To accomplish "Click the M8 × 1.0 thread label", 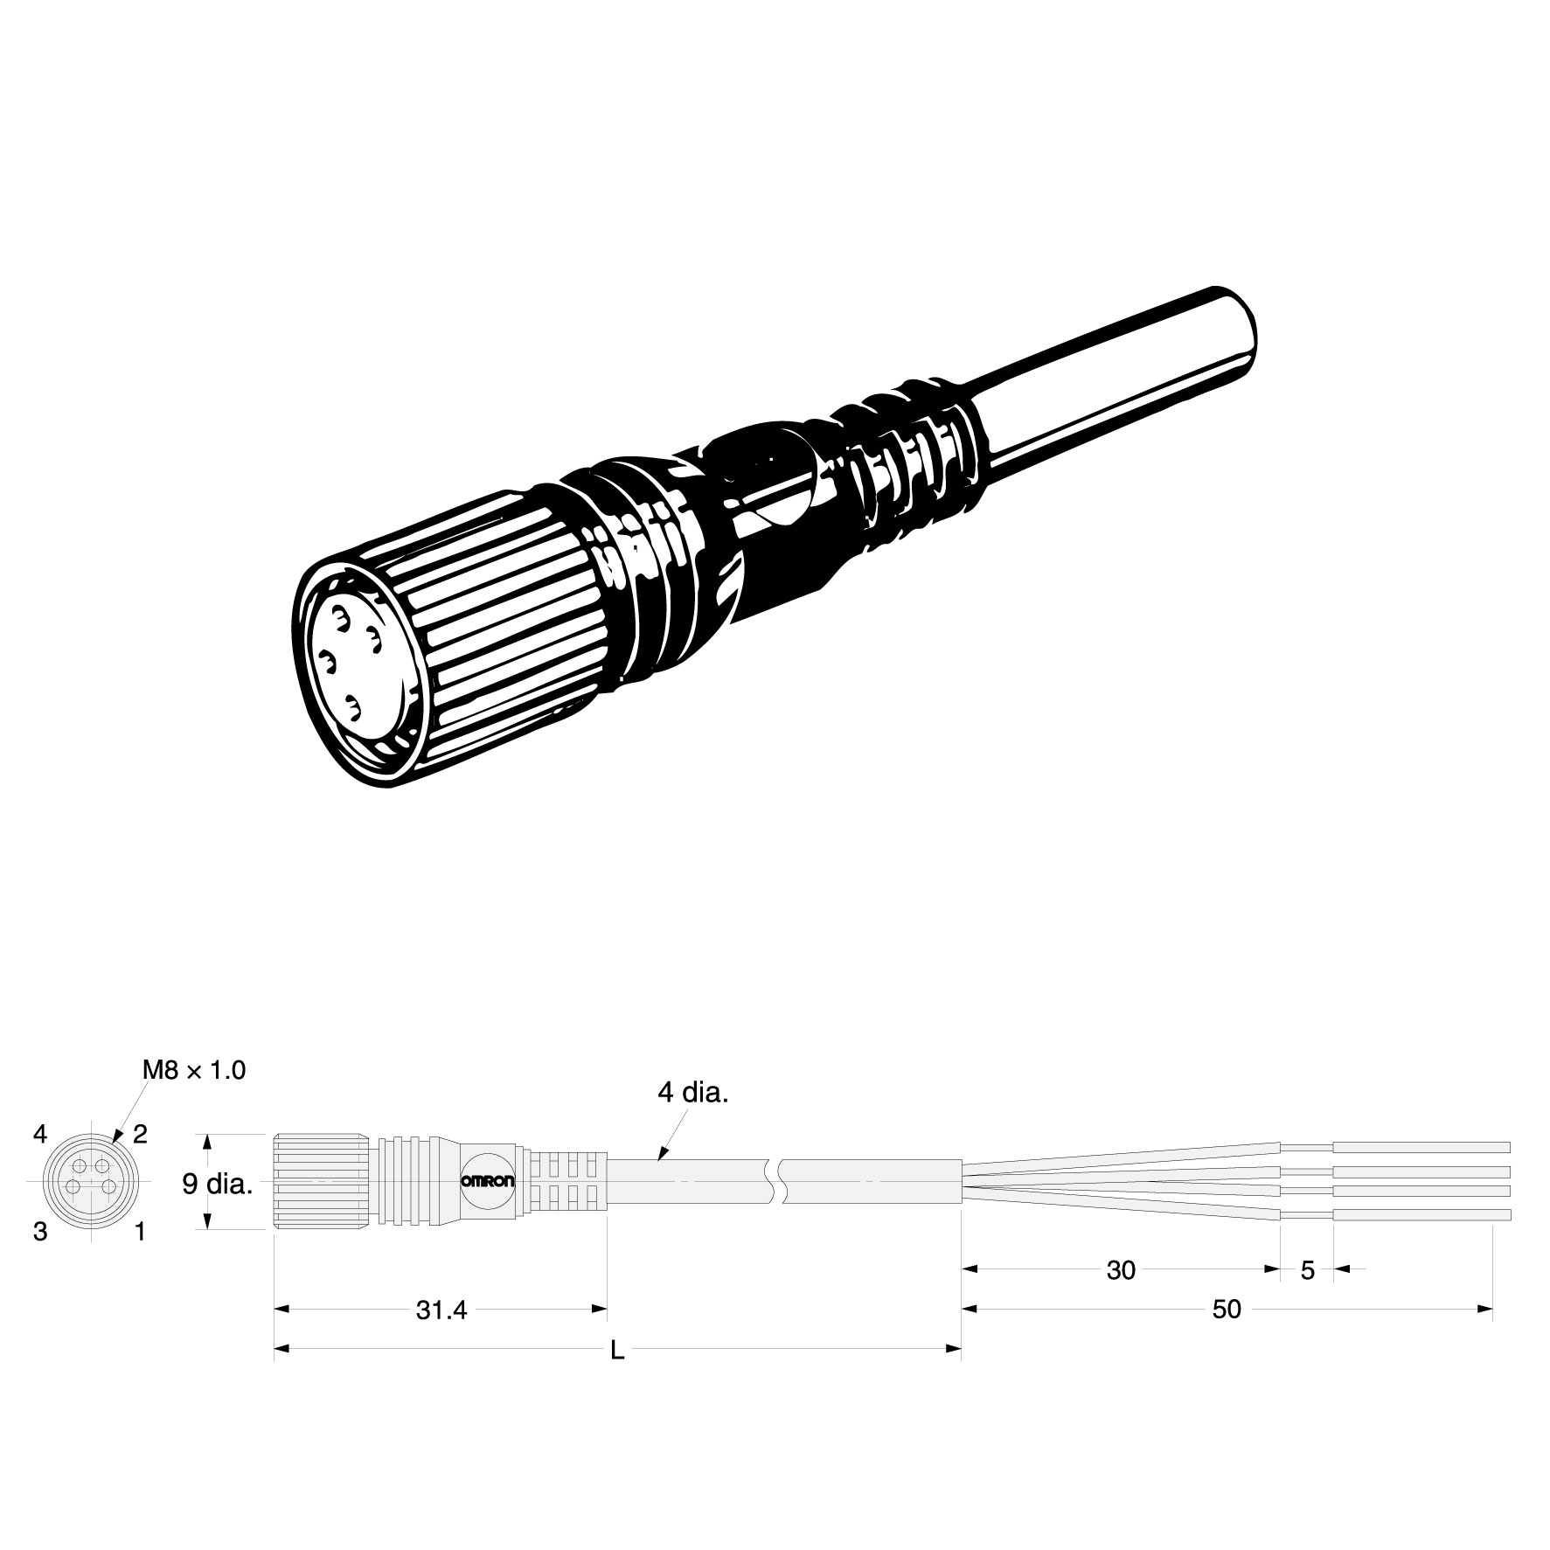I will pyautogui.click(x=193, y=1069).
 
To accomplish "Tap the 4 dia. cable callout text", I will pyautogui.click(x=693, y=1093).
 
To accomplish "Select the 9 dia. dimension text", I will pyautogui.click(x=219, y=1184).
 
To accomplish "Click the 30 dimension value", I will pyautogui.click(x=1120, y=1270).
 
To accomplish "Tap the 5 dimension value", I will pyautogui.click(x=1307, y=1270).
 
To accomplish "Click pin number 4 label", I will pyautogui.click(x=39, y=1135).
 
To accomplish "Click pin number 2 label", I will pyautogui.click(x=140, y=1135).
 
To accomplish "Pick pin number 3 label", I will pyautogui.click(x=39, y=1233).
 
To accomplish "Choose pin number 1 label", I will pyautogui.click(x=140, y=1233).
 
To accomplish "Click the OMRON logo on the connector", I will pyautogui.click(x=488, y=1181).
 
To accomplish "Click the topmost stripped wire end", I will pyautogui.click(x=1422, y=1147).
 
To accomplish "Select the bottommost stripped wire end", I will pyautogui.click(x=1422, y=1214).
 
